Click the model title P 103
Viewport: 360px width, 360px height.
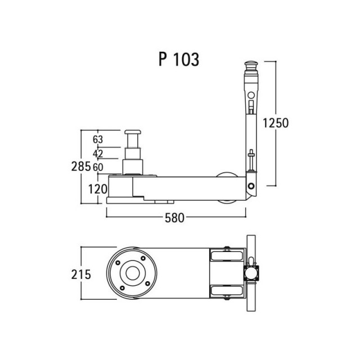[179, 60]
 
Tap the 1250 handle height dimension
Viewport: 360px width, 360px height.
[276, 123]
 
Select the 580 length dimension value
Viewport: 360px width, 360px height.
[174, 218]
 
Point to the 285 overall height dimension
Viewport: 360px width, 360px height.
[81, 166]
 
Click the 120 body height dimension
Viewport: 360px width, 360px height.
[98, 190]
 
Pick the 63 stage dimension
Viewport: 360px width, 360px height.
[98, 139]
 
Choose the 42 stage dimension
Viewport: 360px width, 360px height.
[98, 154]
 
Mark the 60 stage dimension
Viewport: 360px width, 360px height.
[98, 168]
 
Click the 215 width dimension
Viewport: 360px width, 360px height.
[81, 274]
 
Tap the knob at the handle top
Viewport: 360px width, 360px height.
[251, 64]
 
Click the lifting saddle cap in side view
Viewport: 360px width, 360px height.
[133, 132]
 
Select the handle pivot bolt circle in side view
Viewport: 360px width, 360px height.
[251, 186]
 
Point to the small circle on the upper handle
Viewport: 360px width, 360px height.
[251, 95]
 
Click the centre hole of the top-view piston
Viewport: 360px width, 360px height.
[133, 273]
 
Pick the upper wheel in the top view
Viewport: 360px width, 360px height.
[227, 255]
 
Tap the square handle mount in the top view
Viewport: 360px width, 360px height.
[251, 273]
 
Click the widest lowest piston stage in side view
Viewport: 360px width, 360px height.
[133, 167]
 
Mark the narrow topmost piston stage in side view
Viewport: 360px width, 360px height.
[133, 141]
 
